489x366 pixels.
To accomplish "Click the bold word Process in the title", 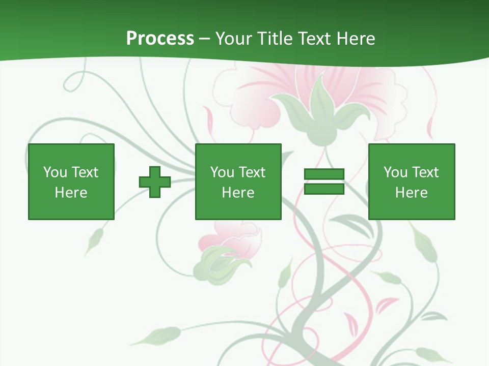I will click(160, 39).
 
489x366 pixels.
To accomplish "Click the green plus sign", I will click(155, 182).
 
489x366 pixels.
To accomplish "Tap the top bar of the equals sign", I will click(324, 174).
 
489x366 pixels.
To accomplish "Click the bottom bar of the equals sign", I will click(324, 189).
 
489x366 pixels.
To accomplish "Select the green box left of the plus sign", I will click(71, 152).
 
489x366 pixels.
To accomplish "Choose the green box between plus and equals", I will click(238, 152).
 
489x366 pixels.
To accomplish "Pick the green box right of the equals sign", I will click(411, 152).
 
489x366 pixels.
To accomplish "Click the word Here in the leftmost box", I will click(71, 193).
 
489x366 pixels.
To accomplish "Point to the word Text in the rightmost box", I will click(426, 172).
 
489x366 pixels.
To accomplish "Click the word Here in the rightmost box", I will click(411, 193).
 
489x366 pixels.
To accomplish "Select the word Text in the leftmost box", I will click(85, 172).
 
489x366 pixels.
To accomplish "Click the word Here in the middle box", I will click(238, 193).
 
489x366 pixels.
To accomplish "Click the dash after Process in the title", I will click(204, 39).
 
